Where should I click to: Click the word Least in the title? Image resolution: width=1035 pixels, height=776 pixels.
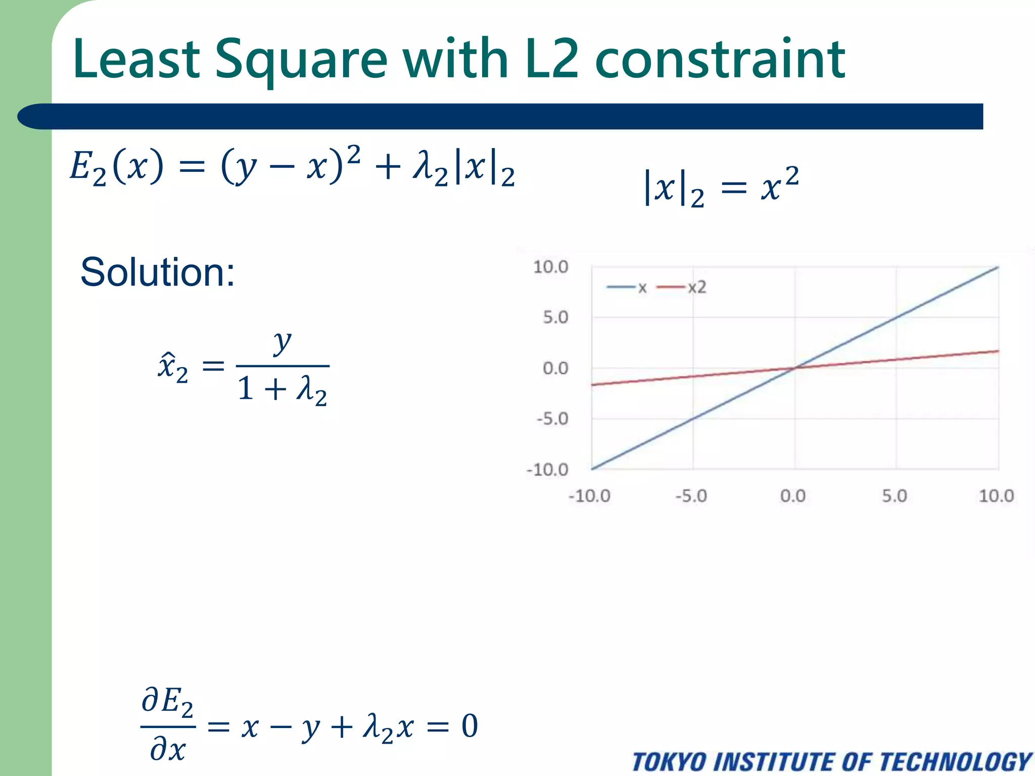point(136,60)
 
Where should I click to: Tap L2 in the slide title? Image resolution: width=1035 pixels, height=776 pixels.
point(551,60)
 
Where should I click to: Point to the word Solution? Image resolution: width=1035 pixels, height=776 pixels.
point(157,272)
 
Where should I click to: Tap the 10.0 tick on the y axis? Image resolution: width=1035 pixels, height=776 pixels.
point(550,267)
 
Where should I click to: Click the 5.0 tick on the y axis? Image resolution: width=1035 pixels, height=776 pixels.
point(555,318)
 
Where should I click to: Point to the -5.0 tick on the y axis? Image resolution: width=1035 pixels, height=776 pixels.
point(552,419)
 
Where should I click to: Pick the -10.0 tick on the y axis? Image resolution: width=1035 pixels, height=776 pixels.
point(547,470)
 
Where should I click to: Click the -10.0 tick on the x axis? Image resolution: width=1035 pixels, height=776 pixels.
point(589,496)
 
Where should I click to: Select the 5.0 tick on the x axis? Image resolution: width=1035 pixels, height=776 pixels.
point(895,496)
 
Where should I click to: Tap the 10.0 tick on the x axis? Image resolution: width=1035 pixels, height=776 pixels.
point(996,496)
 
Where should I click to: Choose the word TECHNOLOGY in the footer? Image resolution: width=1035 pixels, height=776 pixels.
point(955,762)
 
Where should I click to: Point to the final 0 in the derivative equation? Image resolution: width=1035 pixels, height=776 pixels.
point(469,726)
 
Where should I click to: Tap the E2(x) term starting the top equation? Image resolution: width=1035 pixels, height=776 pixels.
point(117,167)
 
